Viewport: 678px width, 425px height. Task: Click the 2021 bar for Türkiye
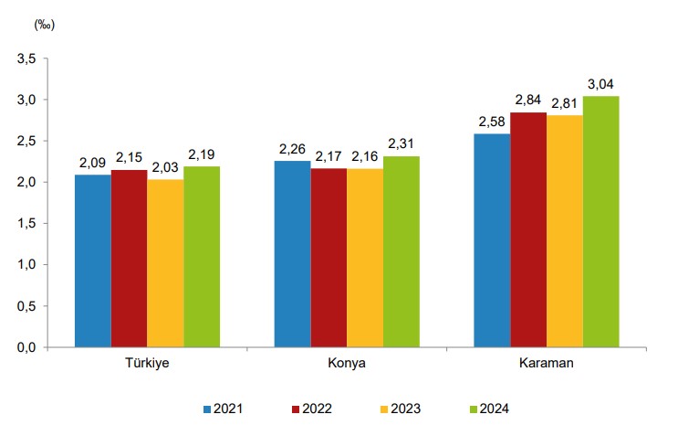(x=92, y=260)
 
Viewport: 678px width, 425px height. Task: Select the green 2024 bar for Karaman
(x=600, y=221)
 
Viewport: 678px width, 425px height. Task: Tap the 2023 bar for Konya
(x=365, y=258)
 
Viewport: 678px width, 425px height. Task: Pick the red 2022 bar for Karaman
(x=528, y=229)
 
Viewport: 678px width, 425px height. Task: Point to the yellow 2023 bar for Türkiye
(x=165, y=263)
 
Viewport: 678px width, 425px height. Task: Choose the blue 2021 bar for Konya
(x=292, y=253)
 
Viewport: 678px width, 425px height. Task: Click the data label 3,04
(x=600, y=84)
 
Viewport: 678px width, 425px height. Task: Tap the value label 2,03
(x=165, y=167)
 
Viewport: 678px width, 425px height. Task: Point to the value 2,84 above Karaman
(x=528, y=101)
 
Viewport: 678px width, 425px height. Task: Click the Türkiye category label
(x=147, y=363)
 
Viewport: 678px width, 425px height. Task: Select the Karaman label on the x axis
(x=546, y=363)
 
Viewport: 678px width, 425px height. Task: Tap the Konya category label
(x=347, y=363)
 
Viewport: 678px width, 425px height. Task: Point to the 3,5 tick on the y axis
(x=26, y=58)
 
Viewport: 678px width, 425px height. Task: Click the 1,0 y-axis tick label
(x=26, y=265)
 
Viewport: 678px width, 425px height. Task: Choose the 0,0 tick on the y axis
(x=26, y=347)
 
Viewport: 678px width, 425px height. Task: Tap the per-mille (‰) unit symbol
(x=44, y=25)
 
